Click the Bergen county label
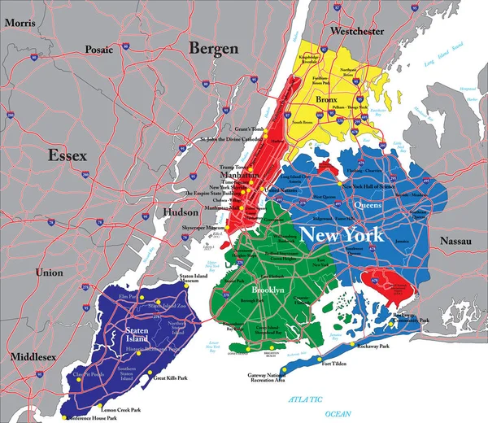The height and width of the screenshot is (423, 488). [x=213, y=48]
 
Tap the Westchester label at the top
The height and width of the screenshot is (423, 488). [x=356, y=31]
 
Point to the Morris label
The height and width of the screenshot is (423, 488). [x=20, y=24]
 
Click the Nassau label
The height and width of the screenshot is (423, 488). [x=455, y=241]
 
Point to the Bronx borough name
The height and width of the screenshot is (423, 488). [x=325, y=99]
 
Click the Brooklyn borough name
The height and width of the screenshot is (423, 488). [x=267, y=290]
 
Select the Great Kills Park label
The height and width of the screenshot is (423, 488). [x=170, y=378]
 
